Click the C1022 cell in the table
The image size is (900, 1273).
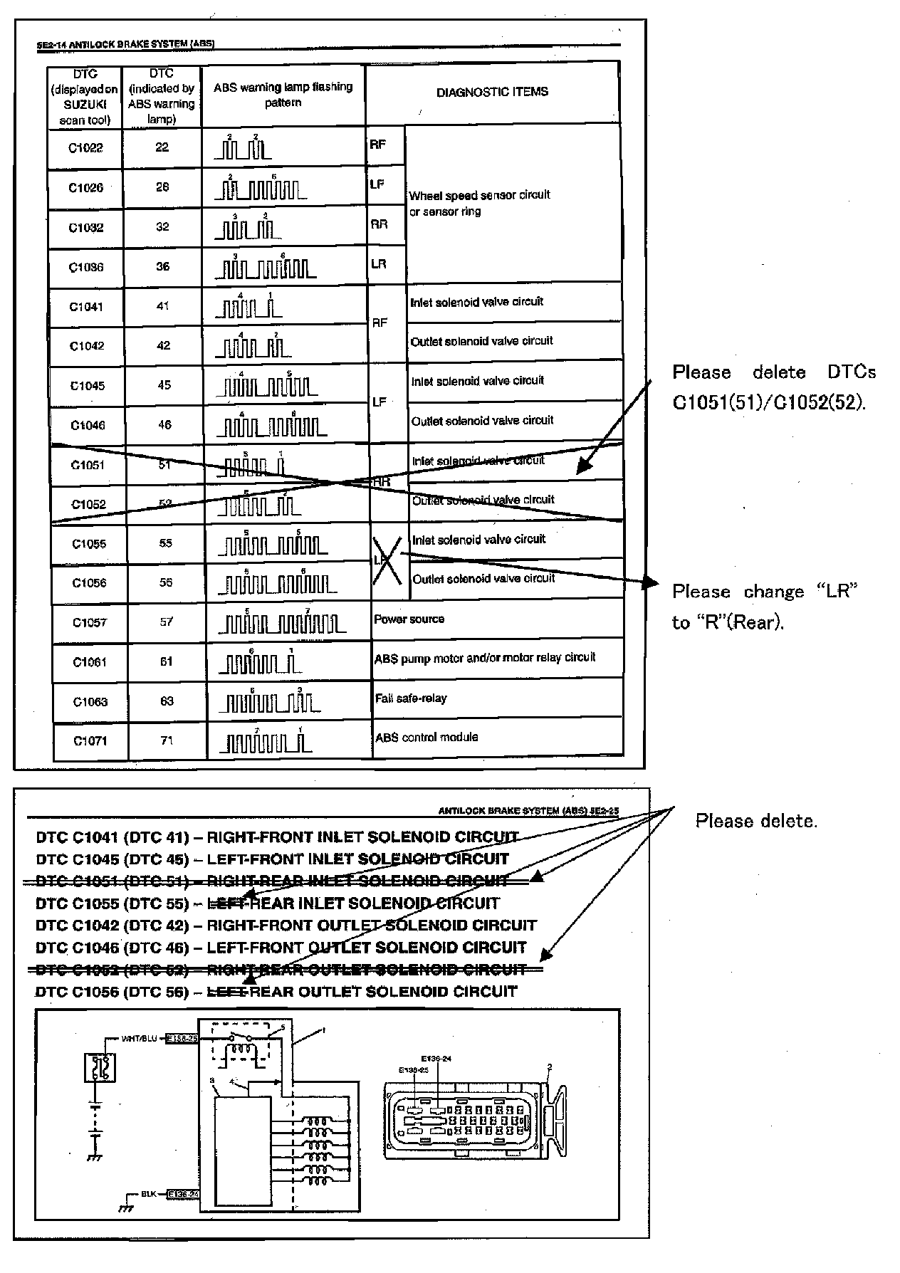tap(85, 148)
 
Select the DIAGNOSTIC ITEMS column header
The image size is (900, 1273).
tap(492, 92)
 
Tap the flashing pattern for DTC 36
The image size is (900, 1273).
tap(266, 267)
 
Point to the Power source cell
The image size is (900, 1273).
tap(409, 619)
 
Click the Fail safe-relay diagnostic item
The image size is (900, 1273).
tap(411, 698)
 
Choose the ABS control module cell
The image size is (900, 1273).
tap(427, 738)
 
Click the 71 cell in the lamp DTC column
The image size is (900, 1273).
tap(167, 740)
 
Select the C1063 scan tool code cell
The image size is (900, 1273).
tap(90, 702)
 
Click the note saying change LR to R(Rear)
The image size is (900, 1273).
tap(765, 607)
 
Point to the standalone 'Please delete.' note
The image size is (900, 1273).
tap(756, 821)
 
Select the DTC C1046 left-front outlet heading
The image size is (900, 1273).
tap(281, 948)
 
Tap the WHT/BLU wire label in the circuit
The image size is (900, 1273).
tap(139, 1039)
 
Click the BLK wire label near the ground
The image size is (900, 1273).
tap(148, 1193)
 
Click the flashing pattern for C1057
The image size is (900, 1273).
tap(282, 622)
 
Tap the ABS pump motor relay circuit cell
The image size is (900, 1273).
tap(485, 659)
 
